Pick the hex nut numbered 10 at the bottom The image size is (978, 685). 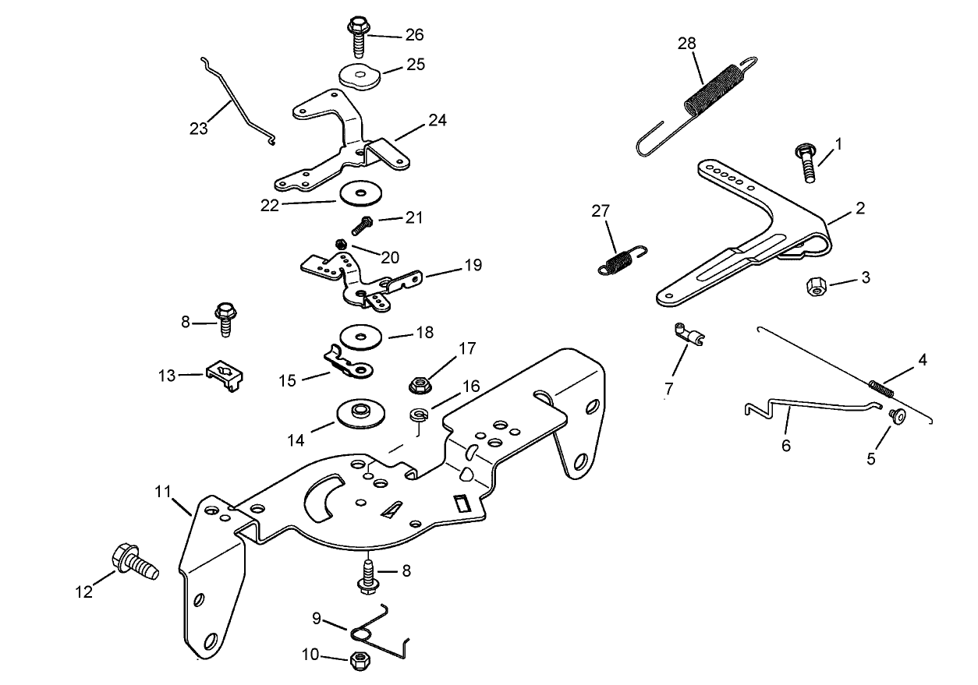(x=360, y=659)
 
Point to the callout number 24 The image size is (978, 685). (x=438, y=121)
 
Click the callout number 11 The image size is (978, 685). (x=162, y=492)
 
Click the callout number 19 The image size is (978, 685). (x=473, y=266)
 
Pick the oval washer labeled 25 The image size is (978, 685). (x=358, y=76)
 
